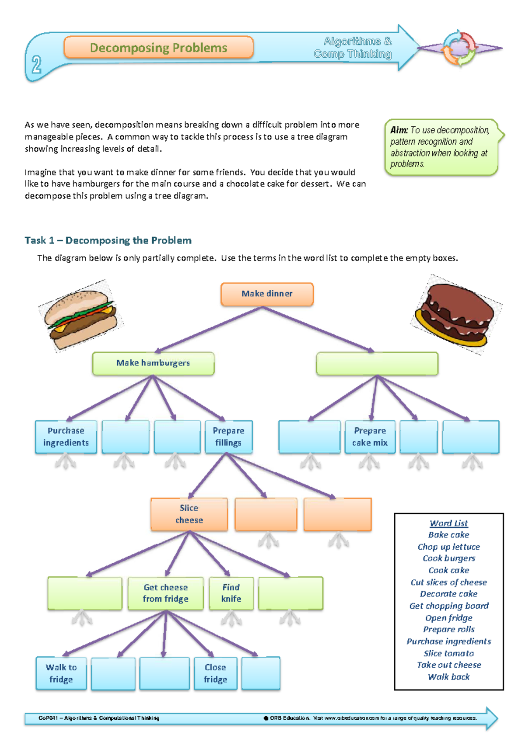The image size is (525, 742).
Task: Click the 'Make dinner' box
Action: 267,294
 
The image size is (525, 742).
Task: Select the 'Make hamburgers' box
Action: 153,363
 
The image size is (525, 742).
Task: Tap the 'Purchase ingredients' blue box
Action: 66,437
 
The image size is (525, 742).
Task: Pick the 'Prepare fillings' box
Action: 228,437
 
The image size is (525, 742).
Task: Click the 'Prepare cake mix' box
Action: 370,437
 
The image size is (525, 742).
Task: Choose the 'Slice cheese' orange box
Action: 189,514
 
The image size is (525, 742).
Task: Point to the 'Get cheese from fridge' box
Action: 165,593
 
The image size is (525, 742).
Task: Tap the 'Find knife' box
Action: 231,593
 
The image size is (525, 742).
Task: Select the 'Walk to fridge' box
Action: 61,673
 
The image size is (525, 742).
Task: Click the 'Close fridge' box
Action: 215,673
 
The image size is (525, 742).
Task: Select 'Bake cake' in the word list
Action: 448,535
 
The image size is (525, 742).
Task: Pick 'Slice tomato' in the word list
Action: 448,653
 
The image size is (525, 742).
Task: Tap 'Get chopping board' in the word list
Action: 449,606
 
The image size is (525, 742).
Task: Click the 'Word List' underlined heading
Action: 448,523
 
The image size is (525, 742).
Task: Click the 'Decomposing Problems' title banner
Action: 158,48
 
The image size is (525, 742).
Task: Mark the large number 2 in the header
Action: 36,65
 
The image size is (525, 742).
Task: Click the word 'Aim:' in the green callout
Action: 399,130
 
